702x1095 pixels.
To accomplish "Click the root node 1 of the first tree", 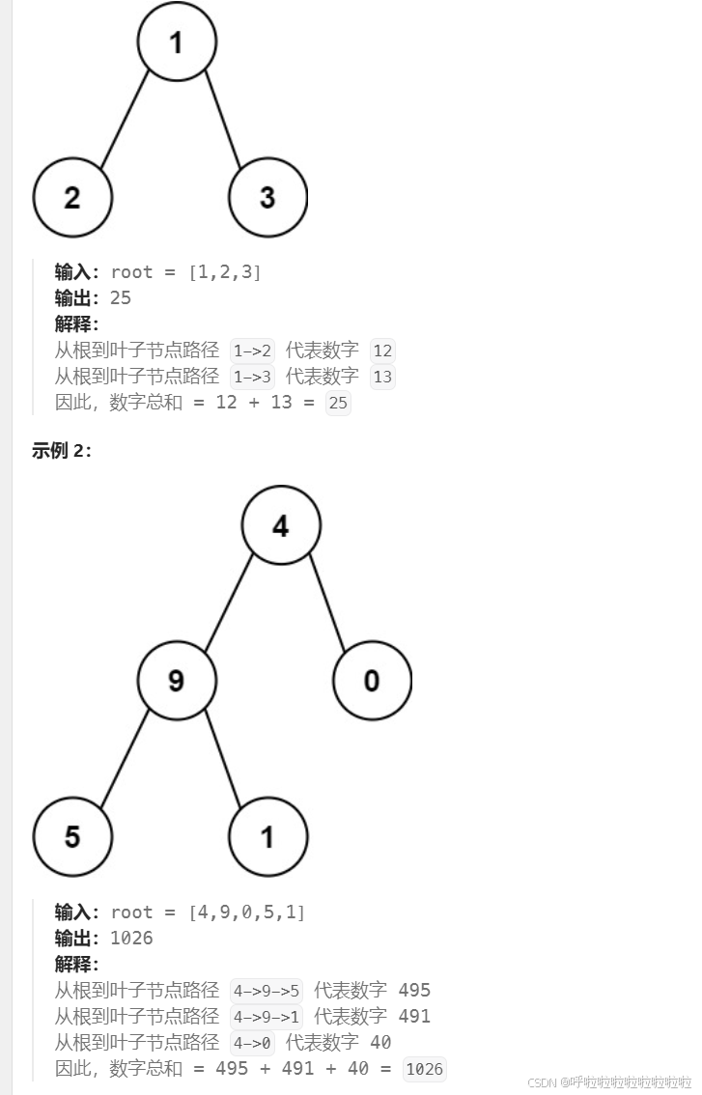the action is point(177,42).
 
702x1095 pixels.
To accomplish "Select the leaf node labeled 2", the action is point(72,197).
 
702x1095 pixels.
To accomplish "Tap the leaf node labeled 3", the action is point(267,197).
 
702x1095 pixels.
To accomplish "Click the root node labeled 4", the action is point(280,526).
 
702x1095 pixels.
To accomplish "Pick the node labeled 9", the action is point(177,681).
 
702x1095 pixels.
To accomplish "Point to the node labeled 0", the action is point(372,681).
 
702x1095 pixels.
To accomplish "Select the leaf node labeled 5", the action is point(72,836).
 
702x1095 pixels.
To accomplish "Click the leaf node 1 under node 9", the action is point(267,836).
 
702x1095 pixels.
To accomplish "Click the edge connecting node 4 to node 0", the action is point(327,604).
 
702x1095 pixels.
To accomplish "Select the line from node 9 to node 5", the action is point(125,759).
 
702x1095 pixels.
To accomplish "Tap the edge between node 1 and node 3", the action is point(223,120).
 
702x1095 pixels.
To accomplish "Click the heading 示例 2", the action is point(62,450).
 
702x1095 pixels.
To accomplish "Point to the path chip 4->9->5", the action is point(267,990).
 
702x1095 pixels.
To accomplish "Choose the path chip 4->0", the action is point(253,1043).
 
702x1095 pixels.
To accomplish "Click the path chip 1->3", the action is point(253,377).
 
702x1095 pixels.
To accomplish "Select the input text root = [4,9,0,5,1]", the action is point(208,912).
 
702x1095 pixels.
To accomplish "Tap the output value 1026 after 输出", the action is point(131,939).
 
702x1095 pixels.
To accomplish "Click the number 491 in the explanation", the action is point(414,1016).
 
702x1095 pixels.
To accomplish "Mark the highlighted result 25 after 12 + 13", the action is point(338,404).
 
